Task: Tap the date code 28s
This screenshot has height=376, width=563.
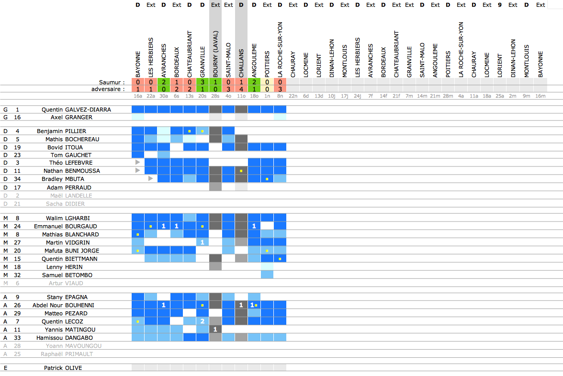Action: (x=215, y=96)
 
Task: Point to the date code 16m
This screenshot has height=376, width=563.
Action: (x=540, y=96)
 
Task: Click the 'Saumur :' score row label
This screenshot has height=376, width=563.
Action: (x=112, y=82)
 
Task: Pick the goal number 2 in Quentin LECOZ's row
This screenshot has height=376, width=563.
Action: (x=202, y=321)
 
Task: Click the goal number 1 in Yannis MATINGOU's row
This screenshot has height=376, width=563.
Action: (x=215, y=330)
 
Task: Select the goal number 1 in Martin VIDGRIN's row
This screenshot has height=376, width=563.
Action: (x=202, y=243)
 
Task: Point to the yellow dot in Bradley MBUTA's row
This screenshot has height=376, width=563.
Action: (x=267, y=179)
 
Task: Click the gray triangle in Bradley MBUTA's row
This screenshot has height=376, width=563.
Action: (x=151, y=178)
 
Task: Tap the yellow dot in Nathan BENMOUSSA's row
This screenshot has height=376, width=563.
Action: (x=241, y=171)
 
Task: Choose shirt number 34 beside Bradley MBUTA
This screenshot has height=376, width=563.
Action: (x=18, y=179)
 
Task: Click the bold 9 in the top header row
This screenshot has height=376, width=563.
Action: (x=499, y=5)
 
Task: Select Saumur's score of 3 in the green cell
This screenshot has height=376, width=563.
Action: (x=202, y=82)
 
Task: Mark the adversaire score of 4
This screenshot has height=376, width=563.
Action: (x=241, y=89)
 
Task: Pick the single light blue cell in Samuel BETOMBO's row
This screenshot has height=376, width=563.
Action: (x=267, y=275)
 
